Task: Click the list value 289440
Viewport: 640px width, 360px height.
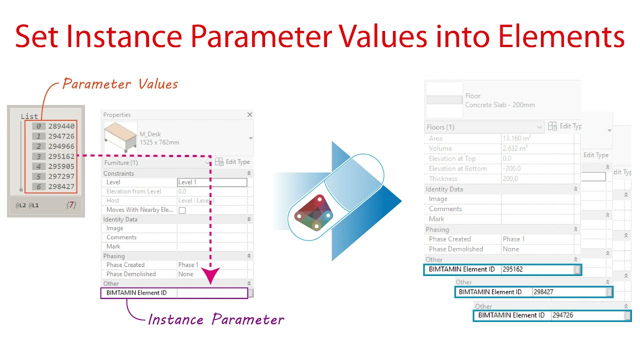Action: point(61,126)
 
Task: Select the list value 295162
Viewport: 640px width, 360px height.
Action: point(61,156)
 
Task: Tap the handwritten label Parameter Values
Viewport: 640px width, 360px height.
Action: point(120,84)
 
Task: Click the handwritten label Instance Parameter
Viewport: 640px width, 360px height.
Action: point(215,319)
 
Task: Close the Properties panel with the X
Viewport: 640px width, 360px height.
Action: point(249,115)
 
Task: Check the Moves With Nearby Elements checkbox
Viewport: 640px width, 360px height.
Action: point(182,210)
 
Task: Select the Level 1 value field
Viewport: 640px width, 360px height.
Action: point(211,182)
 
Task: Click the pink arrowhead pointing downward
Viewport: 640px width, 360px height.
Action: point(210,275)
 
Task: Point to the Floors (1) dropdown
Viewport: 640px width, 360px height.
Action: point(483,127)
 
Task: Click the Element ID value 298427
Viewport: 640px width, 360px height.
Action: point(543,292)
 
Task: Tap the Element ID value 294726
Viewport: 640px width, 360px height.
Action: point(563,315)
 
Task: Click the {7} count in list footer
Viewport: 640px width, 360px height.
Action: point(71,205)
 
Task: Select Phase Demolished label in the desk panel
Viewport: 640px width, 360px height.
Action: point(131,274)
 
